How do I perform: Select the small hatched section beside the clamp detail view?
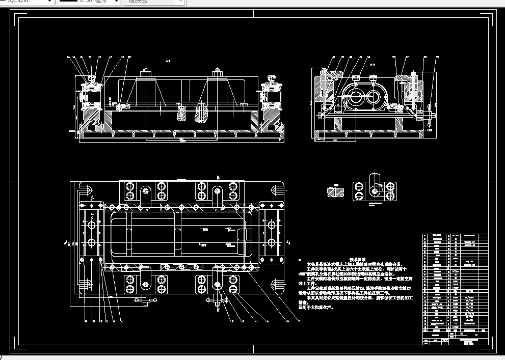click(x=335, y=192)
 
